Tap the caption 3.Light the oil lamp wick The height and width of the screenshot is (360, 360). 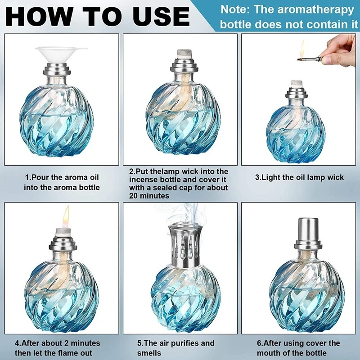point(299,178)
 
